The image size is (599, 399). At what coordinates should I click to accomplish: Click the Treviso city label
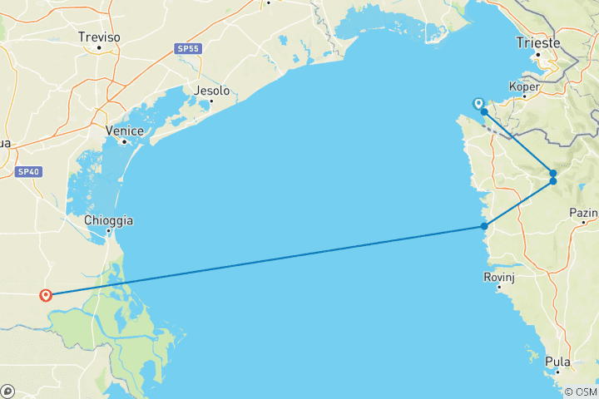pyautogui.click(x=99, y=37)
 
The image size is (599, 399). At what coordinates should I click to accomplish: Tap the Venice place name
pyautogui.click(x=125, y=131)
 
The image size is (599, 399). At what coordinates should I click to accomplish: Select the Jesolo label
pyautogui.click(x=210, y=91)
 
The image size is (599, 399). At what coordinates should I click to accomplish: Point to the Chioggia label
pyautogui.click(x=108, y=220)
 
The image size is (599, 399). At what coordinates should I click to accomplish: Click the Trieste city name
pyautogui.click(x=538, y=43)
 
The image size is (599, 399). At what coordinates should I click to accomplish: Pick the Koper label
pyautogui.click(x=524, y=86)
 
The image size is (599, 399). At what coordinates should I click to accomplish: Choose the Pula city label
pyautogui.click(x=558, y=362)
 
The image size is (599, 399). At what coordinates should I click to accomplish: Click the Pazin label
pyautogui.click(x=584, y=213)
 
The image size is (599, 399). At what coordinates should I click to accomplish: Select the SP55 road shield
pyautogui.click(x=187, y=49)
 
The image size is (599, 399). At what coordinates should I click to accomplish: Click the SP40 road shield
pyautogui.click(x=27, y=172)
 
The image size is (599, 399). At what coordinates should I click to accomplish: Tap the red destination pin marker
pyautogui.click(x=46, y=294)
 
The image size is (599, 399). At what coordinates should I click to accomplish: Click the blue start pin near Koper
pyautogui.click(x=478, y=104)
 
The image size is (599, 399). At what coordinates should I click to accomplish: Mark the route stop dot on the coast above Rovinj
pyautogui.click(x=484, y=226)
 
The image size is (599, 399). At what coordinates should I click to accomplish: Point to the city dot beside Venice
pyautogui.click(x=124, y=141)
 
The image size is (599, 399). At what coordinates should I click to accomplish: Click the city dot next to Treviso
pyautogui.click(x=99, y=47)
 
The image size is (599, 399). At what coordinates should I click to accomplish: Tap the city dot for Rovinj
pyautogui.click(x=500, y=288)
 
